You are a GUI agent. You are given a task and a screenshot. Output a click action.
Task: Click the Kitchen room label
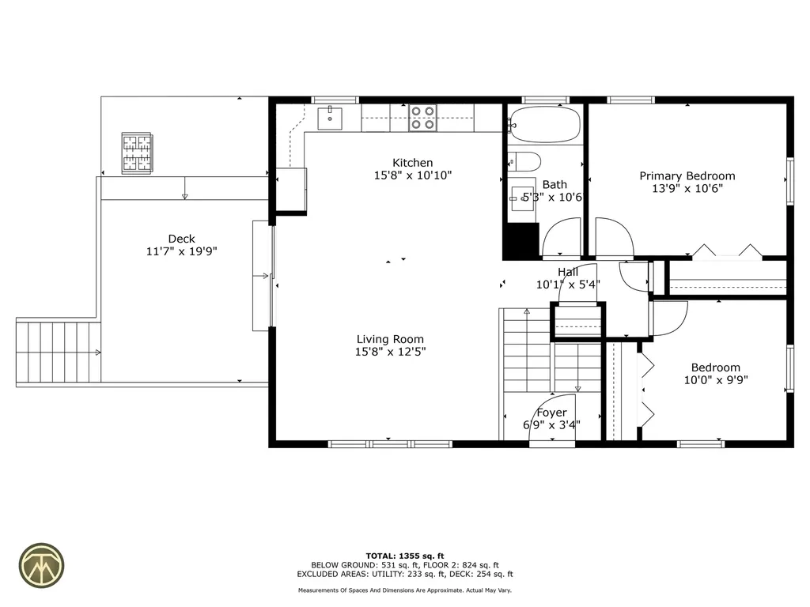coord(413,163)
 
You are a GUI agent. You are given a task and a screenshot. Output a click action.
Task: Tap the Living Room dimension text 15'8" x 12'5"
coord(390,352)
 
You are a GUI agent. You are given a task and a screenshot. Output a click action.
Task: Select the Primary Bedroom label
coord(687,176)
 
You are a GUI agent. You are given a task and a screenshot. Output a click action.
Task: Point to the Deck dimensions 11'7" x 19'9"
coord(181,251)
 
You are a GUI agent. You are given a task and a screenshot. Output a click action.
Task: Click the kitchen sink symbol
coord(330,119)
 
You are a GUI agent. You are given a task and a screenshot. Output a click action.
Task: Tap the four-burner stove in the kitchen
coord(422,119)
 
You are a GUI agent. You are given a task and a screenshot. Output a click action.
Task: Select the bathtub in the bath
coord(544,124)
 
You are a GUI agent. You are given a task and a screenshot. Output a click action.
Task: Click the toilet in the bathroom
coord(524,161)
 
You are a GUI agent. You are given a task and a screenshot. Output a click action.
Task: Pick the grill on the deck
coord(136,153)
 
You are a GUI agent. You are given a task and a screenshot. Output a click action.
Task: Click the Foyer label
coord(551,413)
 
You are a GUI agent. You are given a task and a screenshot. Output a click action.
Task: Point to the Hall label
coord(567,272)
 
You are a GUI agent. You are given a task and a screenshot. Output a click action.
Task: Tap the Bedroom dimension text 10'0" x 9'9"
coord(715,379)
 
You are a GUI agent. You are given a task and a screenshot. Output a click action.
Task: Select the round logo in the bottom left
coord(43,564)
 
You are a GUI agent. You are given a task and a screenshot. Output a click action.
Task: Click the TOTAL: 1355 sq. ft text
coord(405,556)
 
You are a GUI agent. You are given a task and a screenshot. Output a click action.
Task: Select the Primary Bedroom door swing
coord(614,238)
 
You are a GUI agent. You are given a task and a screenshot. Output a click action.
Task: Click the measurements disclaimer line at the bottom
coord(405,590)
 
